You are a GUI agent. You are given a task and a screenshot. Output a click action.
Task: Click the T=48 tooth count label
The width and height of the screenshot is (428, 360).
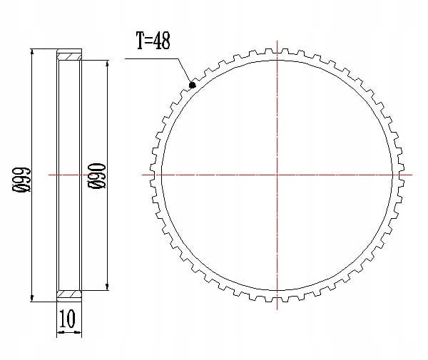[153, 41]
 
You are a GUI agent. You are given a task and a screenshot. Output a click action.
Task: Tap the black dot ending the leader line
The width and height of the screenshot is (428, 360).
[193, 85]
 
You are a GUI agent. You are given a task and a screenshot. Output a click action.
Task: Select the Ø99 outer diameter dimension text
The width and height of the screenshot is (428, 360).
[21, 180]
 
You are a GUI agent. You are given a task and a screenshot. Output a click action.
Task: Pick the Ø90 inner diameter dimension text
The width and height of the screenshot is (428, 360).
[96, 176]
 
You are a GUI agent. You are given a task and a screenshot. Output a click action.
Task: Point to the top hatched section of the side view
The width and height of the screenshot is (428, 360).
[69, 57]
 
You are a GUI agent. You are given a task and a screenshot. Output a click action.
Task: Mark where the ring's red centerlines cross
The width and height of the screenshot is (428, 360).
[277, 175]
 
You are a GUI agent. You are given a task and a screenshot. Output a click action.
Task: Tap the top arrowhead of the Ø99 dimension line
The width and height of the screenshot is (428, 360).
[32, 52]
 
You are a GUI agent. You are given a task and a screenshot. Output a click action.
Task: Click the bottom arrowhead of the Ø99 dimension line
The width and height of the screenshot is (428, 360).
[32, 299]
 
